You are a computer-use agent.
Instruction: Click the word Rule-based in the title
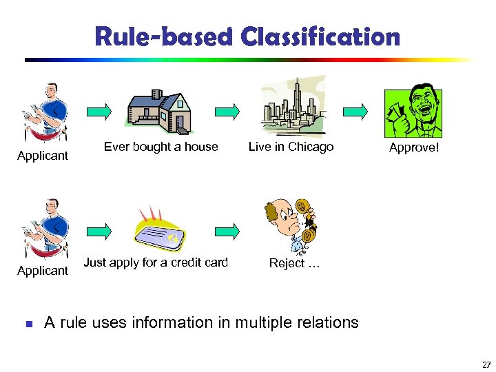[164, 37]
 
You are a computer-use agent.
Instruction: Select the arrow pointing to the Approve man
[355, 110]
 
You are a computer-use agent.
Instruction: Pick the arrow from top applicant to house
[98, 110]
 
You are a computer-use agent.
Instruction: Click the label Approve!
[413, 148]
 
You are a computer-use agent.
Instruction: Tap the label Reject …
[294, 263]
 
